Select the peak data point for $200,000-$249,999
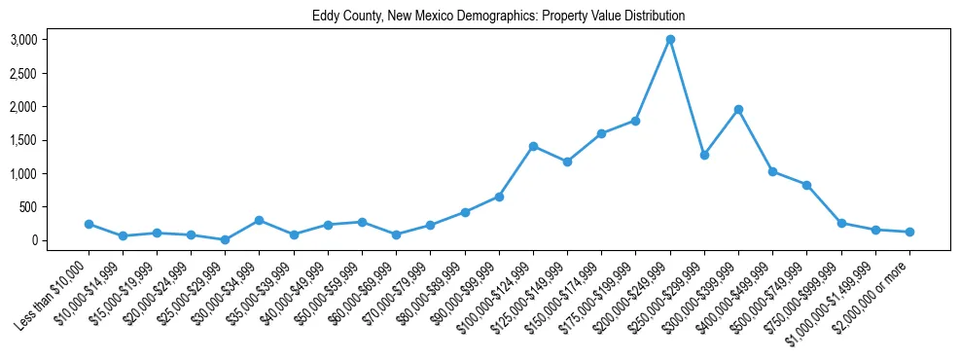[670, 40]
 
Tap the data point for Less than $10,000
[89, 224]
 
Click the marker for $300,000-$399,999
[738, 109]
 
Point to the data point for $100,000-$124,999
[533, 146]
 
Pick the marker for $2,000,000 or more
[909, 232]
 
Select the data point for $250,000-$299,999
[704, 155]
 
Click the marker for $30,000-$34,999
[260, 220]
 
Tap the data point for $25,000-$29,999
[226, 239]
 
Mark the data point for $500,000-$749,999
[806, 185]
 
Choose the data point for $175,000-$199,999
[635, 121]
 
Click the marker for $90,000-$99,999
[499, 197]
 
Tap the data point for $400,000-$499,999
[772, 171]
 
